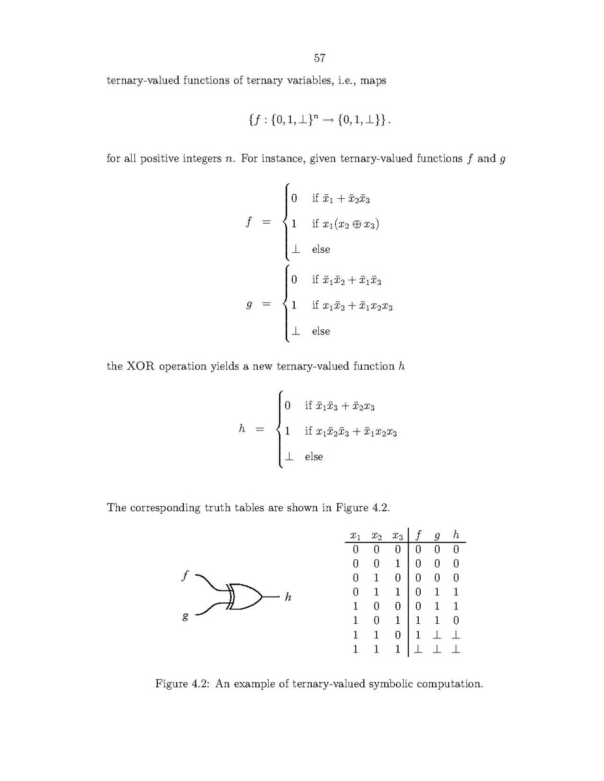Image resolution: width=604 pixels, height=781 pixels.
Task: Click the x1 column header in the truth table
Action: point(355,535)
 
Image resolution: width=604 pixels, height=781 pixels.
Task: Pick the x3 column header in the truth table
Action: point(397,535)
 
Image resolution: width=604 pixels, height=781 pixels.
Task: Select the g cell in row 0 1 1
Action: point(437,593)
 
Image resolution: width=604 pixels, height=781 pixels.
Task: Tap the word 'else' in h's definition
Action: point(314,456)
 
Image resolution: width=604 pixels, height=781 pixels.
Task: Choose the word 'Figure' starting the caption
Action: point(171,684)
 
